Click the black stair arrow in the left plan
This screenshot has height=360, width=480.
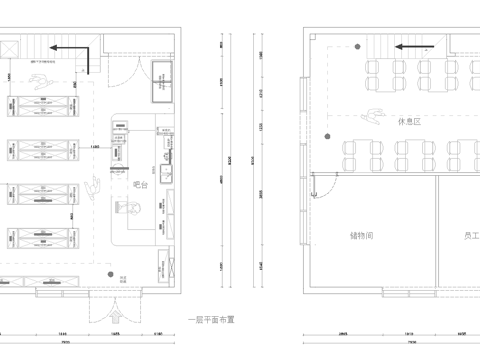(70, 48)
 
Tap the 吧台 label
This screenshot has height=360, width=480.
(142, 185)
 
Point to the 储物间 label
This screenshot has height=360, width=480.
(361, 236)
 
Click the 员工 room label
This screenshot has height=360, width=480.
(469, 236)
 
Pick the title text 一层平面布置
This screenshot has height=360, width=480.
(211, 320)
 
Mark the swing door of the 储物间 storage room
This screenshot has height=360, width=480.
(321, 182)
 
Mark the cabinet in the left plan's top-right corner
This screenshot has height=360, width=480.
(161, 82)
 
